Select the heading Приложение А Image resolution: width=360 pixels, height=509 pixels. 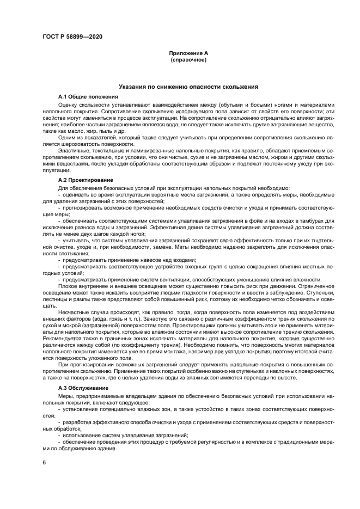[188, 53]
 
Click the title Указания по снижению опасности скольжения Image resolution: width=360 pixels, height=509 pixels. [188, 87]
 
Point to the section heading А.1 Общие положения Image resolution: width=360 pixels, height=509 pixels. [88, 96]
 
